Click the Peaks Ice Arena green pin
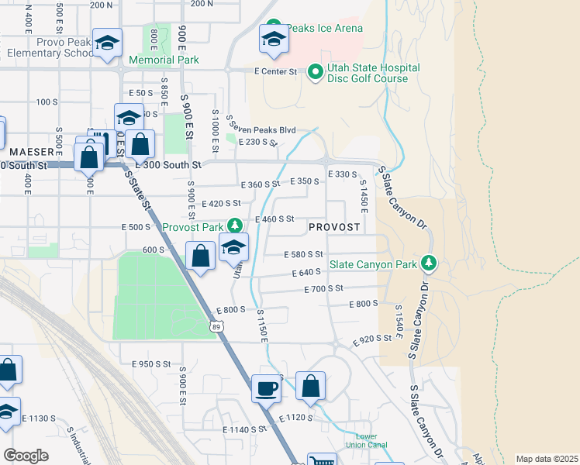tap(273, 28)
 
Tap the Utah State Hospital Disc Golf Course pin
tap(316, 73)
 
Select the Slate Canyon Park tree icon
tap(428, 264)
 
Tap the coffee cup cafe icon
tap(266, 387)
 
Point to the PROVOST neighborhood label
tap(334, 227)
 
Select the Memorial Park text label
tap(164, 60)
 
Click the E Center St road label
tap(276, 71)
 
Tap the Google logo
tap(26, 456)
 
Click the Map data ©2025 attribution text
tap(547, 459)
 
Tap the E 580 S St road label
tap(303, 254)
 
